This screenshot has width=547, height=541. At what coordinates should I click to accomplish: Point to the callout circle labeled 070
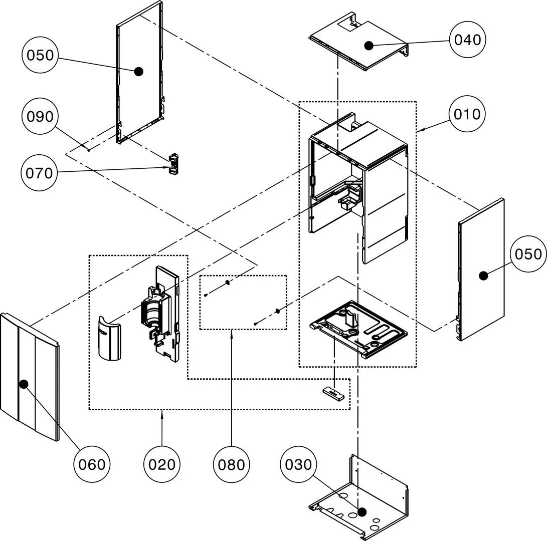tap(40, 173)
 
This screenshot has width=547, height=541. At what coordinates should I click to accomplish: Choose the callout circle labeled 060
tap(93, 464)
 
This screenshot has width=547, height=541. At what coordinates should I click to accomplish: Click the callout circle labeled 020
tap(162, 464)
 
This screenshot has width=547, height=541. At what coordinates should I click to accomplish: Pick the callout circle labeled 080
tap(231, 464)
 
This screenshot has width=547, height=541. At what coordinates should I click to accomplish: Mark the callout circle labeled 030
tap(299, 464)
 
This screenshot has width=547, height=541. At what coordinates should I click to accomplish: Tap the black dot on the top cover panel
tap(369, 46)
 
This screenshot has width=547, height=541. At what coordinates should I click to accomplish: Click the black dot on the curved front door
tap(23, 384)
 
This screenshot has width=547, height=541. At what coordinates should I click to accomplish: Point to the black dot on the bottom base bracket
tap(362, 512)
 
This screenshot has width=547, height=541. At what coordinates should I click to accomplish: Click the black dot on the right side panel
tap(483, 275)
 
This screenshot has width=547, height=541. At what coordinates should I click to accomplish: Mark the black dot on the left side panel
tap(138, 72)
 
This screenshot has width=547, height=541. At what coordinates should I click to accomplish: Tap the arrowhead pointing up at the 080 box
tap(231, 334)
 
